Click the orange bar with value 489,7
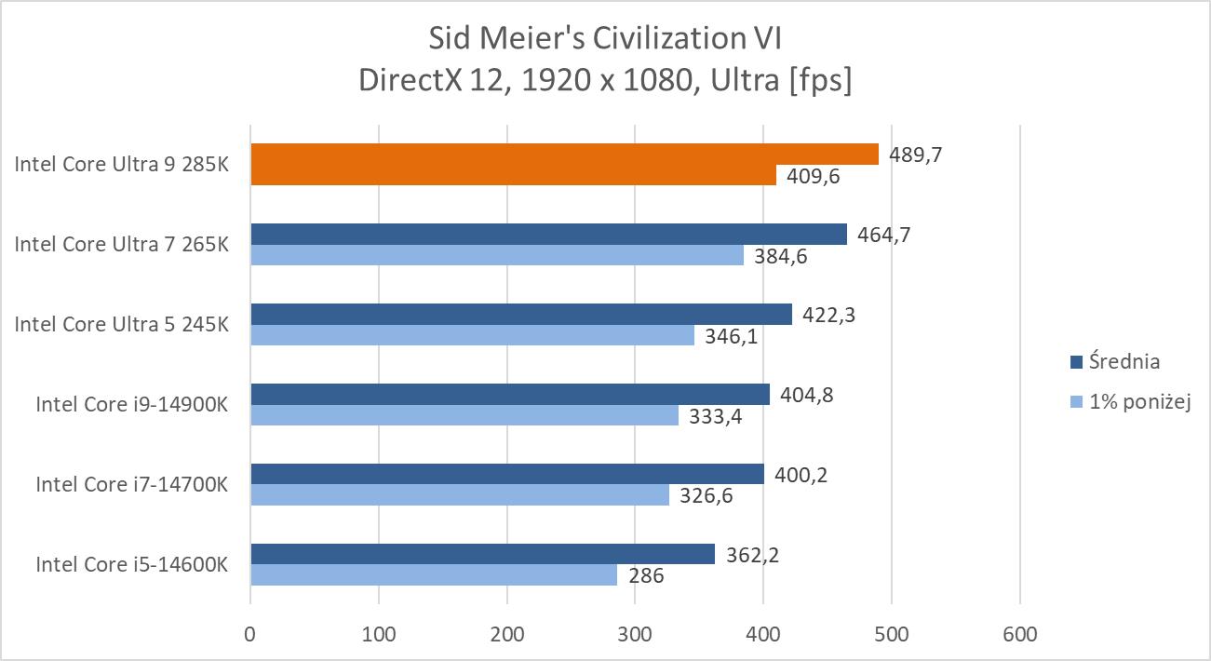click(x=564, y=154)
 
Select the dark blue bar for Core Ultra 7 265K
click(x=548, y=234)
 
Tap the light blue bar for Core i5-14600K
click(x=434, y=575)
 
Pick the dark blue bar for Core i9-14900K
click(x=510, y=394)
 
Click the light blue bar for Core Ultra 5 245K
click(x=472, y=335)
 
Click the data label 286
click(x=646, y=575)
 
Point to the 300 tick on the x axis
click(x=635, y=635)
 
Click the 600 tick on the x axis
click(x=1019, y=635)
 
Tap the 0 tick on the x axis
click(x=250, y=635)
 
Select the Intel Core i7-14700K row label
click(x=131, y=484)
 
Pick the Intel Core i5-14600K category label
click(x=131, y=564)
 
